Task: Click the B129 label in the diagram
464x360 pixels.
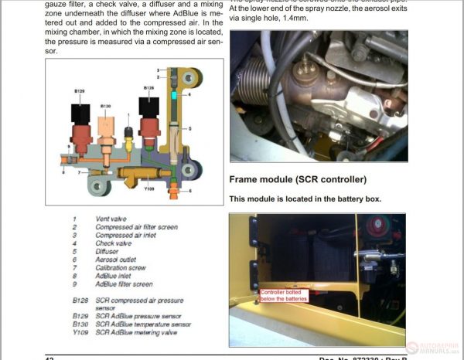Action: pyautogui.click(x=80, y=91)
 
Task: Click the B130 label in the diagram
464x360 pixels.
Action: pyautogui.click(x=106, y=105)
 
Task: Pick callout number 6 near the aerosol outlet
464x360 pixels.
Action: pyautogui.click(x=190, y=190)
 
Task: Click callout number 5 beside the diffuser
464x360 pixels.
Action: pyautogui.click(x=189, y=126)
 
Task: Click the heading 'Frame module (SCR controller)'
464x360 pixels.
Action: pyautogui.click(x=298, y=180)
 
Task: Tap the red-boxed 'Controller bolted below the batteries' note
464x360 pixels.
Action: pyautogui.click(x=284, y=296)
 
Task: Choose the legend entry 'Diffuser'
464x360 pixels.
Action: pyautogui.click(x=109, y=250)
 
